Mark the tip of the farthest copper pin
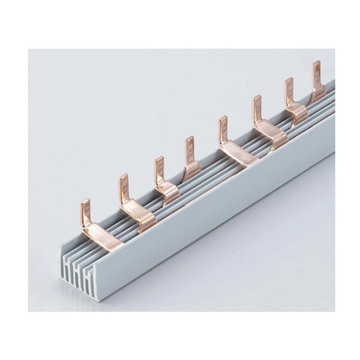click(316, 64)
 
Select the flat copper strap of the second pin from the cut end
click(137, 212)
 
